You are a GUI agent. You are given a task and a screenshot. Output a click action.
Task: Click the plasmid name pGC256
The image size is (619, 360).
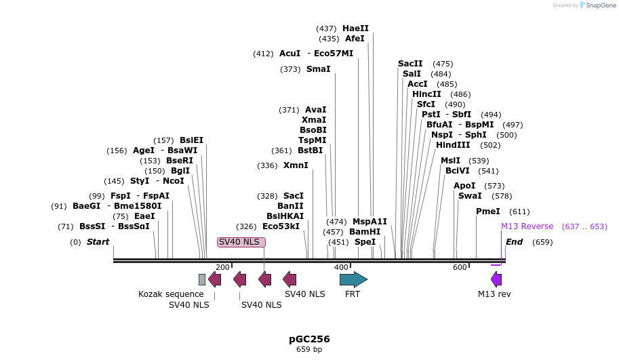click(309, 338)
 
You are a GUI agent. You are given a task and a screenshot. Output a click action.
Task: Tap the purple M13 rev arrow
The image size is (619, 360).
click(496, 279)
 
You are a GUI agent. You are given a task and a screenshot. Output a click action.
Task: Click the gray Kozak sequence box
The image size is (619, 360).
click(202, 279)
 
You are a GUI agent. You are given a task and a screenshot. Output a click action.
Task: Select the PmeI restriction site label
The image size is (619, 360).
click(488, 212)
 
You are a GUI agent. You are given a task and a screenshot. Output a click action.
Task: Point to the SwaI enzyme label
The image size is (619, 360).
click(470, 196)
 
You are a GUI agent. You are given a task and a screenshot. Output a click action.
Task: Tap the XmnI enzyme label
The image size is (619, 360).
click(296, 165)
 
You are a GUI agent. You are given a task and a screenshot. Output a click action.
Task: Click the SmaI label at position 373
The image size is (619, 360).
click(319, 69)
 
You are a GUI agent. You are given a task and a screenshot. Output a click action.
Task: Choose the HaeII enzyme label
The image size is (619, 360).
click(355, 28)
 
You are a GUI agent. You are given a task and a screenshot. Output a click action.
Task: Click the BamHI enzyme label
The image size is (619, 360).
click(365, 232)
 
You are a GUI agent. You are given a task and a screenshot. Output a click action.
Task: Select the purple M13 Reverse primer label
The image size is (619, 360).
click(527, 226)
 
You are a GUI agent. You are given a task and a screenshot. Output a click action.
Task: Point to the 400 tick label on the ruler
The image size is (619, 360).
click(341, 267)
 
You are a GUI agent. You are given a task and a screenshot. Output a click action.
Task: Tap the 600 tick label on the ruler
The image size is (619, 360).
click(460, 267)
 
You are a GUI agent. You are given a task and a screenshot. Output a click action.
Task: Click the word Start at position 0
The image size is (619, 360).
click(98, 242)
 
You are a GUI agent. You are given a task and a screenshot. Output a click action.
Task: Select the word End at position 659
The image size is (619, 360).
click(515, 242)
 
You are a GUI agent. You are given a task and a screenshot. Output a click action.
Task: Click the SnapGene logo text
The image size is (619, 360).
click(599, 5)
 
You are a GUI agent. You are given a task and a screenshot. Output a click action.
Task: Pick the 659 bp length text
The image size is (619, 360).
click(309, 350)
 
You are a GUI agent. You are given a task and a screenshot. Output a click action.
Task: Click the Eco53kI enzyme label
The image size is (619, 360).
click(281, 226)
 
